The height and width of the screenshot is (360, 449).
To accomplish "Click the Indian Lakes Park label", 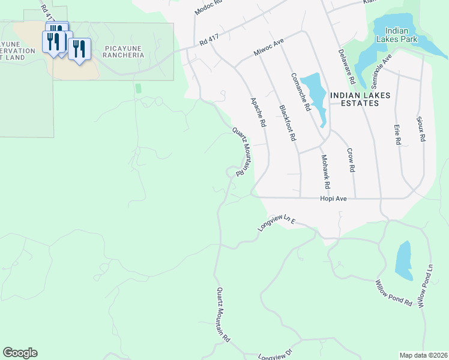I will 396,35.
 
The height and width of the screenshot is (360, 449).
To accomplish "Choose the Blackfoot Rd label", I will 288,123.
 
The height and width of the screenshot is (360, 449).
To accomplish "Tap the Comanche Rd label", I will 300,92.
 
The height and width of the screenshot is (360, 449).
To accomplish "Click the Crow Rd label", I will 351,161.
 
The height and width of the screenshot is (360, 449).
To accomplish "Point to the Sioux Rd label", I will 421,129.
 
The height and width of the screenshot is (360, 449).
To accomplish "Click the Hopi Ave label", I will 333,198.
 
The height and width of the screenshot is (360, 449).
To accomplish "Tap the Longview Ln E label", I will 277,223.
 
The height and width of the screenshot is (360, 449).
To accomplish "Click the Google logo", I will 20,353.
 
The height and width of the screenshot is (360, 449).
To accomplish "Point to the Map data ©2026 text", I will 423,355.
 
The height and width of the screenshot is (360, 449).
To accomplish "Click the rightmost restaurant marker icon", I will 79,49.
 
